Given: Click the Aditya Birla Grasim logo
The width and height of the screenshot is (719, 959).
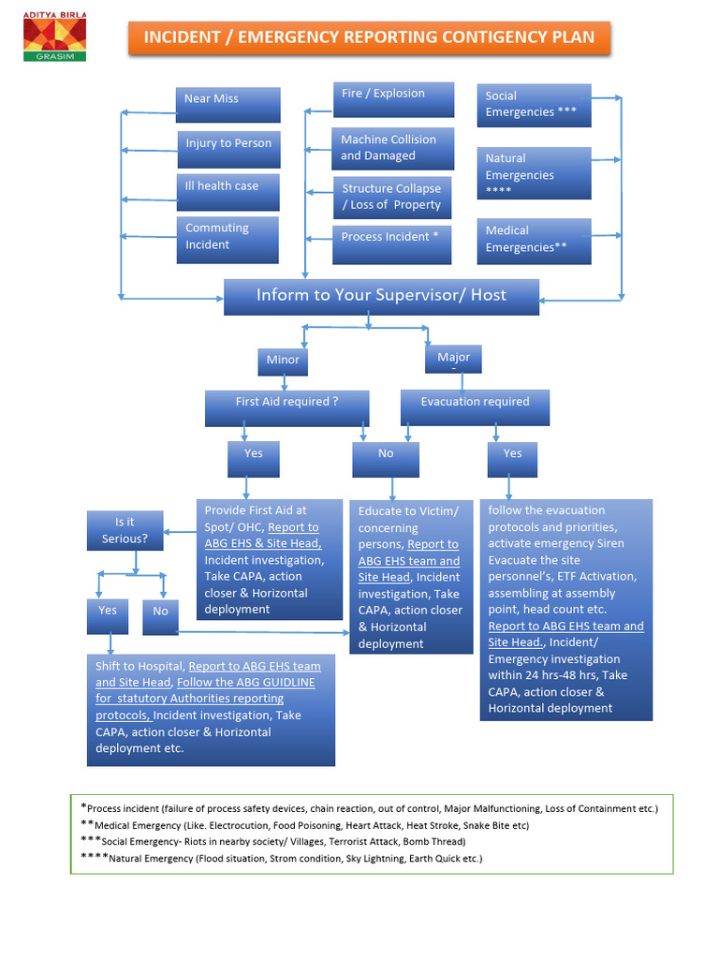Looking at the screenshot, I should point(54,37).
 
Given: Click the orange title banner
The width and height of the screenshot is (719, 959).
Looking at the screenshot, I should point(368,37).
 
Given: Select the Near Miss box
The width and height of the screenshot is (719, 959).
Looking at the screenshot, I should point(227,104).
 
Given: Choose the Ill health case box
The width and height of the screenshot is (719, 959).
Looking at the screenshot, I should point(227,191).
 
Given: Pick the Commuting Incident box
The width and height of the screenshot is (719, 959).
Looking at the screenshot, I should point(227,239).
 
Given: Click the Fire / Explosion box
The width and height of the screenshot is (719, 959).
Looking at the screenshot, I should point(393,99).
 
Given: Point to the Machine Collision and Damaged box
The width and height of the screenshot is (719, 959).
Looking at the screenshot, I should point(393,148).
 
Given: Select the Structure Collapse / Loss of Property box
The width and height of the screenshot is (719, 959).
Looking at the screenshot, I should point(392,197).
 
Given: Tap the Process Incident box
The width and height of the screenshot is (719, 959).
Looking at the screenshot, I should point(392,243).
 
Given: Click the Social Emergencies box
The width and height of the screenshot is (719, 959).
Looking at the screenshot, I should point(534,105).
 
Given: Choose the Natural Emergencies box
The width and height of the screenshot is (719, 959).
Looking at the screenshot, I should point(534,173).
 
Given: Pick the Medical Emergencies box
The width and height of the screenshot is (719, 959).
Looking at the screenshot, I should point(534,241).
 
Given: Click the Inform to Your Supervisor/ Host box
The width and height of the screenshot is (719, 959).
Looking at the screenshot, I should point(381,296).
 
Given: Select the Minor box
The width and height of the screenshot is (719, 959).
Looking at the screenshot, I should point(283,361).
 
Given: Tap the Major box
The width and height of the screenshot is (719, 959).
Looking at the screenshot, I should point(454,359).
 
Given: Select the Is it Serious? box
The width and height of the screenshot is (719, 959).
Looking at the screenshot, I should point(125,530).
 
